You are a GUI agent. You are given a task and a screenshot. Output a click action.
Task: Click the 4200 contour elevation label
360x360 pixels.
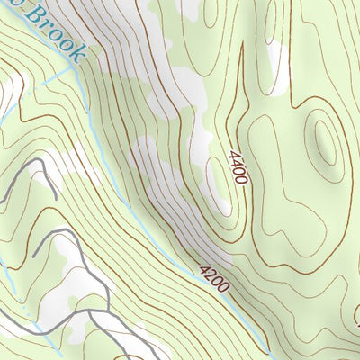pyautogui.click(x=214, y=278)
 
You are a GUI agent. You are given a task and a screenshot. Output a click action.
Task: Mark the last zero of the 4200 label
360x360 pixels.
pyautogui.click(x=225, y=288)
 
